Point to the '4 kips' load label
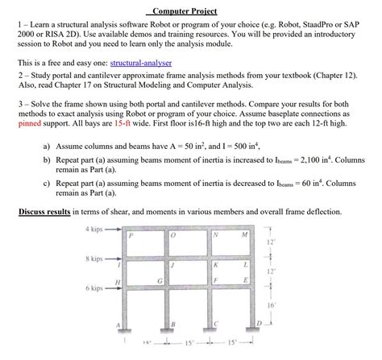pos(96,230)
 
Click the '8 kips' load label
pos(96,259)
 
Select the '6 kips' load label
pos(96,288)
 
